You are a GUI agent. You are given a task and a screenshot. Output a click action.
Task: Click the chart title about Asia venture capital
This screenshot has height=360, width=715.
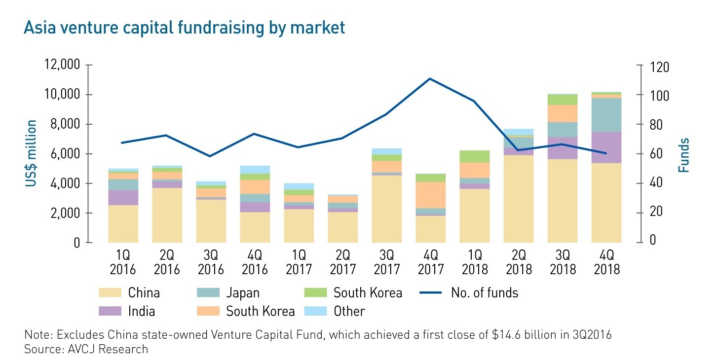click(x=184, y=28)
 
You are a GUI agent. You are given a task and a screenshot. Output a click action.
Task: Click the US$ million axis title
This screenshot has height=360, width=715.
click(x=31, y=153)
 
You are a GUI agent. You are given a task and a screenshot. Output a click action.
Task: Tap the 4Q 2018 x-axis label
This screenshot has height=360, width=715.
click(x=606, y=262)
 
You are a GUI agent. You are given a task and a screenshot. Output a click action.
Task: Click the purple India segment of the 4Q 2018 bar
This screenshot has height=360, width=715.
click(x=606, y=147)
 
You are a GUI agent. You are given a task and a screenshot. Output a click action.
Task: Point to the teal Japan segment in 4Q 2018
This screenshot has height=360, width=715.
click(x=606, y=114)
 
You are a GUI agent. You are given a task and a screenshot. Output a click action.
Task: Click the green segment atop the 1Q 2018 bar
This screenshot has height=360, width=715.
click(x=474, y=156)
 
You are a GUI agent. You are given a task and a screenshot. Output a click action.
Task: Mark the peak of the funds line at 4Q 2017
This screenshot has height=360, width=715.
click(x=430, y=78)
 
